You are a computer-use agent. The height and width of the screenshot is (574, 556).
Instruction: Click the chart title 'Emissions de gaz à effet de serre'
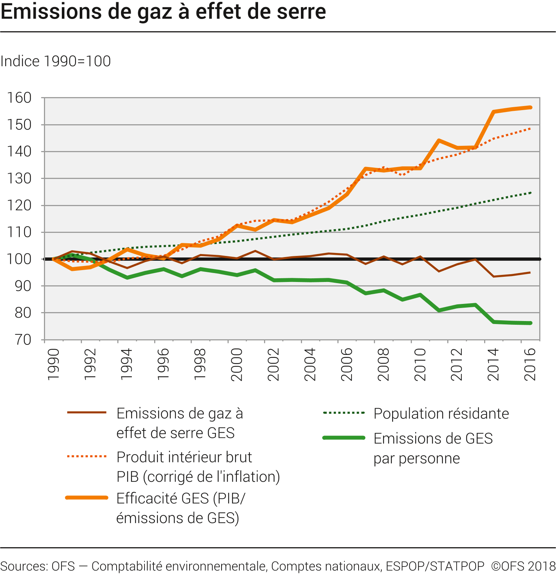point(163,12)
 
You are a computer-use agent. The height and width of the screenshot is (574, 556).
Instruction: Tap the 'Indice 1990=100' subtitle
point(55,61)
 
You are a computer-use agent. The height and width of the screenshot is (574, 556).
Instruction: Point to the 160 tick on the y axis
point(19,98)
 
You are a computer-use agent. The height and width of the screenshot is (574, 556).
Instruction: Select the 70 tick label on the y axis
point(23,340)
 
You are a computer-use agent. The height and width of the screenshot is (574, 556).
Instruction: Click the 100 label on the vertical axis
point(19,259)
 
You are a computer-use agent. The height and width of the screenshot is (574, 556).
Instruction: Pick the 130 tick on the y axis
point(19,179)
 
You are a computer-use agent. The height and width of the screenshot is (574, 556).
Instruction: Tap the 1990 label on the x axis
point(54,364)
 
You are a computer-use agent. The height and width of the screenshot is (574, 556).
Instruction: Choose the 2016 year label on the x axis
point(530,364)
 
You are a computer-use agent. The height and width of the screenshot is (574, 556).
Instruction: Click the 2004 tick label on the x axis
point(310,364)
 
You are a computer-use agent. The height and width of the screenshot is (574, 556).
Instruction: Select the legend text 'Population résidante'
point(441,414)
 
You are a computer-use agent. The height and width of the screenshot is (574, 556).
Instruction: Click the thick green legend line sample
point(344,438)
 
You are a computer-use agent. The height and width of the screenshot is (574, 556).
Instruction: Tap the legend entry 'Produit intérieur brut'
point(184,457)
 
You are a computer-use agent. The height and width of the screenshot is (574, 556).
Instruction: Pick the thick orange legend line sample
point(87,498)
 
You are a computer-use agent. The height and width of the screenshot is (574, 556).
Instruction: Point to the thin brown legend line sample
point(87,413)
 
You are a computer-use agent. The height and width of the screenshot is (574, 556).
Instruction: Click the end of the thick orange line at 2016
point(530,108)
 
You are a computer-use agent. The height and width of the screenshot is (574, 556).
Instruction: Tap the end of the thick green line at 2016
point(530,323)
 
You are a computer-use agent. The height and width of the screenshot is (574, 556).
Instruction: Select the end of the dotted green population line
point(530,193)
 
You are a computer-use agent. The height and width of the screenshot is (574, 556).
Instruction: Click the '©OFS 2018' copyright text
point(523,566)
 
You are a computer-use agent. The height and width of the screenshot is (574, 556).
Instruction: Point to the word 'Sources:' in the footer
point(24,566)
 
